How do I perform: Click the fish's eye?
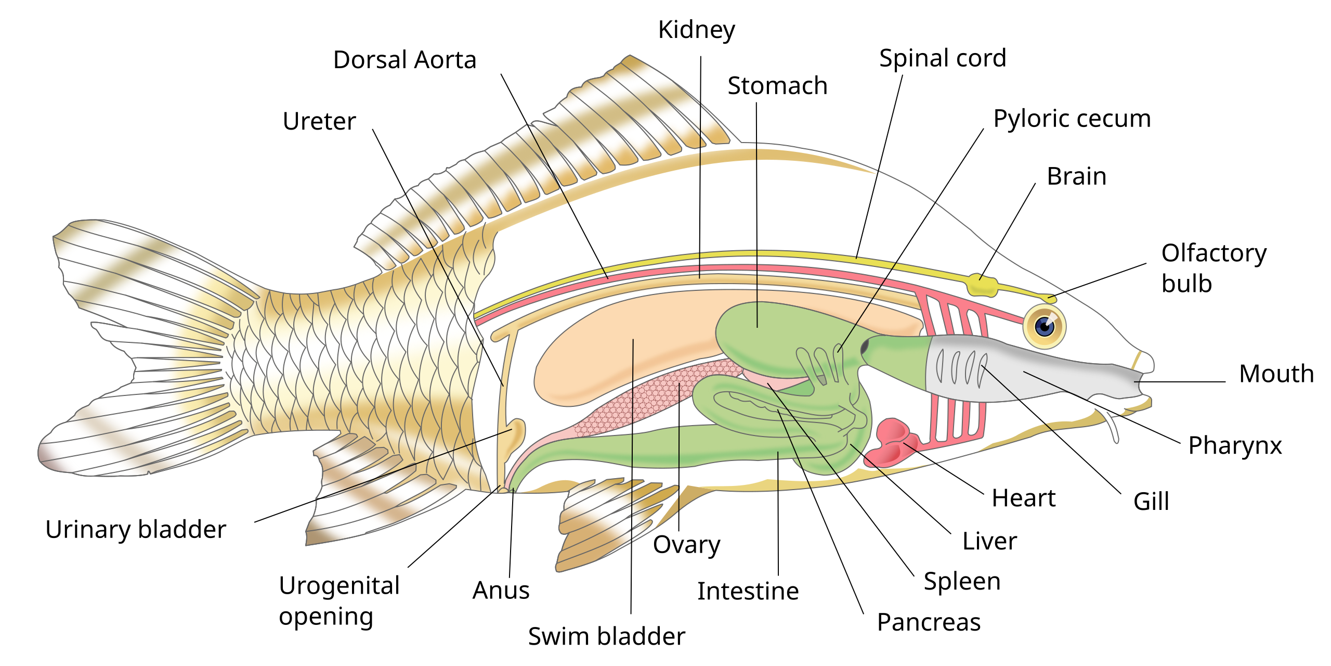1044,326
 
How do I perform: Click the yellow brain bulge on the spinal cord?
982,286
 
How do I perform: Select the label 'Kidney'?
696,30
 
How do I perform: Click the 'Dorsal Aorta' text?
404,60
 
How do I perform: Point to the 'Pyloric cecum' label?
1072,119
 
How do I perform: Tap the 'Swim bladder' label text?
606,636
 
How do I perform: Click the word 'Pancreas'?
929,622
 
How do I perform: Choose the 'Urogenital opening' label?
339,601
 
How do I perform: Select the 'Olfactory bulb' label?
1213,268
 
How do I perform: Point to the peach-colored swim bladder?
624,343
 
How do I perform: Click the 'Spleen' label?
962,581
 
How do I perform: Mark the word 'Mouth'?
1276,374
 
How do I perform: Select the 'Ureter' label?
319,122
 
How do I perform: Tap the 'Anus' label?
501,591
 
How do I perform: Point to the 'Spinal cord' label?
942,58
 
